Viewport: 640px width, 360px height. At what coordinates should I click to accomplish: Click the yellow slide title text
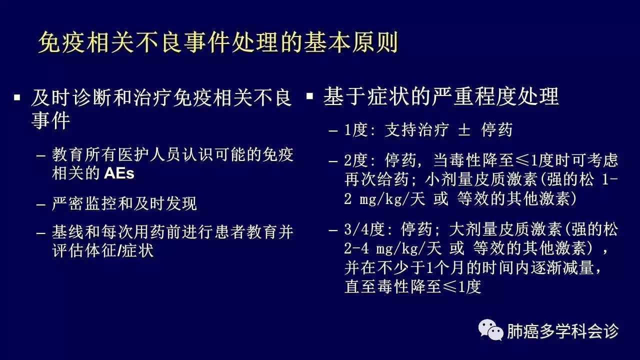click(218, 43)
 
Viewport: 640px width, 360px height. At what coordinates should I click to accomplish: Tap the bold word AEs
click(119, 173)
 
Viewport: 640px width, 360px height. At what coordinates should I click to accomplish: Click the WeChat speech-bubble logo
click(491, 330)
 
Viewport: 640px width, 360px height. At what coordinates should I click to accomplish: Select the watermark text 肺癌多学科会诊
click(562, 331)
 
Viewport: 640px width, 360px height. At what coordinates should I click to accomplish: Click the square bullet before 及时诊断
click(17, 97)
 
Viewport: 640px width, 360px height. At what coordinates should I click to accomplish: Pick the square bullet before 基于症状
click(309, 95)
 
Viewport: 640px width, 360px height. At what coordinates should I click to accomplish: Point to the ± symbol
click(464, 130)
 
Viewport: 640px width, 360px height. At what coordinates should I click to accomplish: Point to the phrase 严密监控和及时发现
click(124, 203)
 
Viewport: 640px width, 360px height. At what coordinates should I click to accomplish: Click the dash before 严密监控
click(41, 205)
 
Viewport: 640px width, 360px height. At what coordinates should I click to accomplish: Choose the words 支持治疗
click(416, 130)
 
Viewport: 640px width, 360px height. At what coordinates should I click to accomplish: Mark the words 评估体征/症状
click(103, 250)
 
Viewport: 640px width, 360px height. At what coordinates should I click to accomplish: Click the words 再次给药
click(376, 179)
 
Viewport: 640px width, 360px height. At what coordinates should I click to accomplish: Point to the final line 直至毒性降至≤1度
click(413, 286)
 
